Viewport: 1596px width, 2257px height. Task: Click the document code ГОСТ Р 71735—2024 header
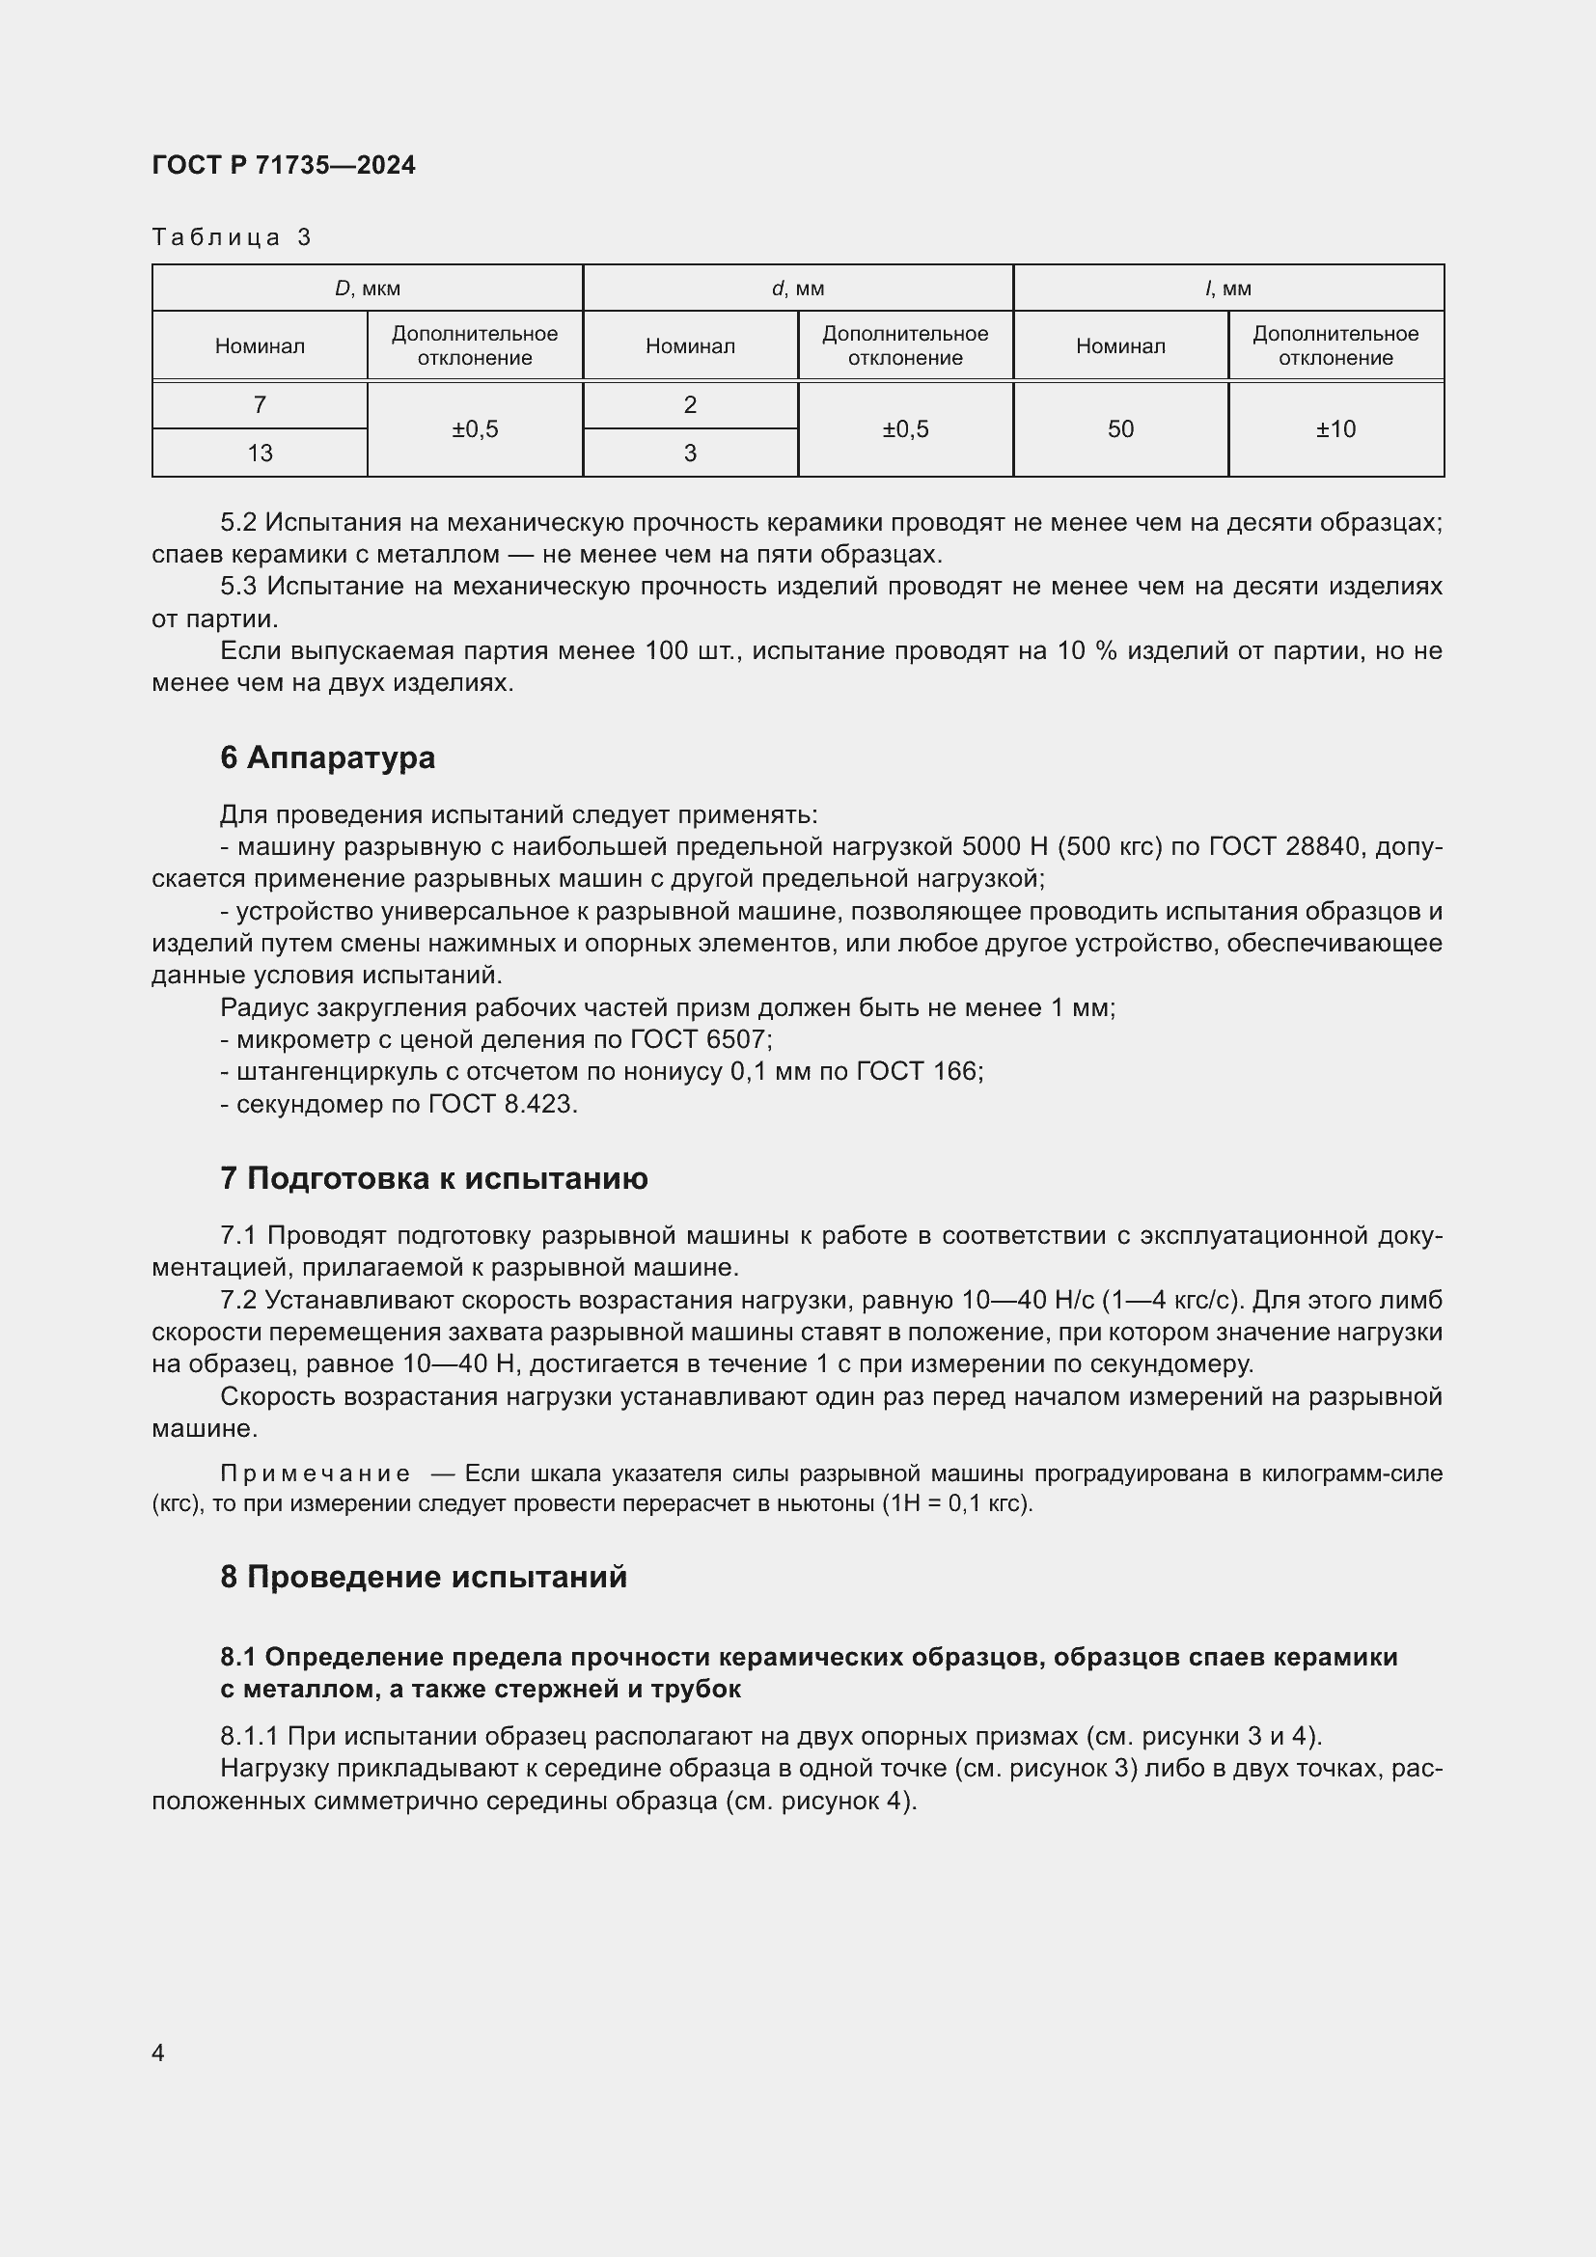coord(283,165)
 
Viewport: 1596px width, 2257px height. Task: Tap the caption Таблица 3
coord(231,237)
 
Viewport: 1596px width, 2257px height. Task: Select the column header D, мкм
coord(367,288)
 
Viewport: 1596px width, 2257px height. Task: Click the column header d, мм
coord(797,288)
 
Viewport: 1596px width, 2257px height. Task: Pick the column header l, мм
coord(1227,288)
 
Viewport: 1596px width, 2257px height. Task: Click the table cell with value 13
coord(260,454)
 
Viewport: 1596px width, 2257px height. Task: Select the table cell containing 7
coord(260,405)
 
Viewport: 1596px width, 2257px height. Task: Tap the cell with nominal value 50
coord(1120,429)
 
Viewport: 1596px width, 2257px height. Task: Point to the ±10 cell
coord(1335,429)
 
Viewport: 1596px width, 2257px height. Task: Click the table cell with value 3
coord(690,454)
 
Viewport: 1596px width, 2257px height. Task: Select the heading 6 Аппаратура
coord(327,757)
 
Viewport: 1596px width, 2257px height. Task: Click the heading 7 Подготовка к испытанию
coord(433,1178)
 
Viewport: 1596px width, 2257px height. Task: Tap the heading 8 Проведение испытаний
coord(424,1578)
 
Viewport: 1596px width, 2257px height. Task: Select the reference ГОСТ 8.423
coord(502,1104)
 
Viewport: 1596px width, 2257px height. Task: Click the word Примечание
coord(315,1473)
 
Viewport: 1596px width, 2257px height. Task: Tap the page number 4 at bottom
coord(158,2053)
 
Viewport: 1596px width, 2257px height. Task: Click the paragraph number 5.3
coord(237,587)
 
